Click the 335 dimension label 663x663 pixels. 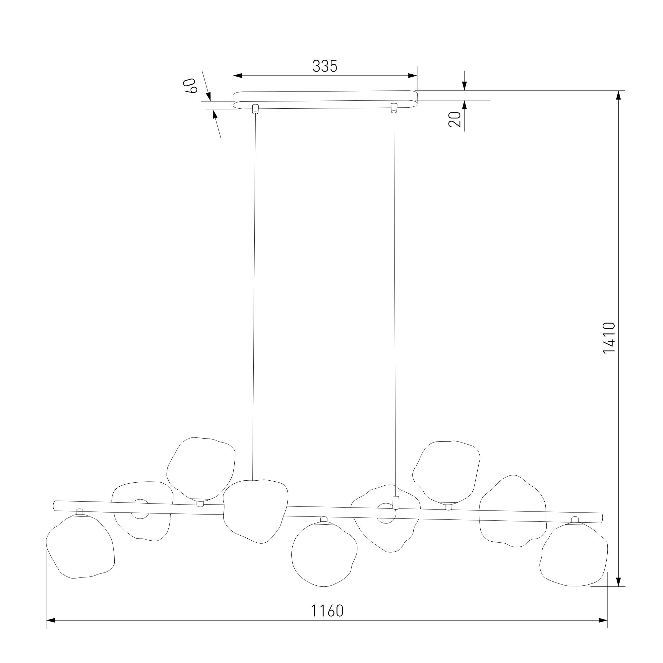click(325, 66)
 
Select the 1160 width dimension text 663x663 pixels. click(327, 611)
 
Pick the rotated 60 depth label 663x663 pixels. click(191, 86)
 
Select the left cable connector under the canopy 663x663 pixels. click(255, 108)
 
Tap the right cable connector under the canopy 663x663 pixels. click(393, 108)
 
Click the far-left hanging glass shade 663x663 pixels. click(80, 546)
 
